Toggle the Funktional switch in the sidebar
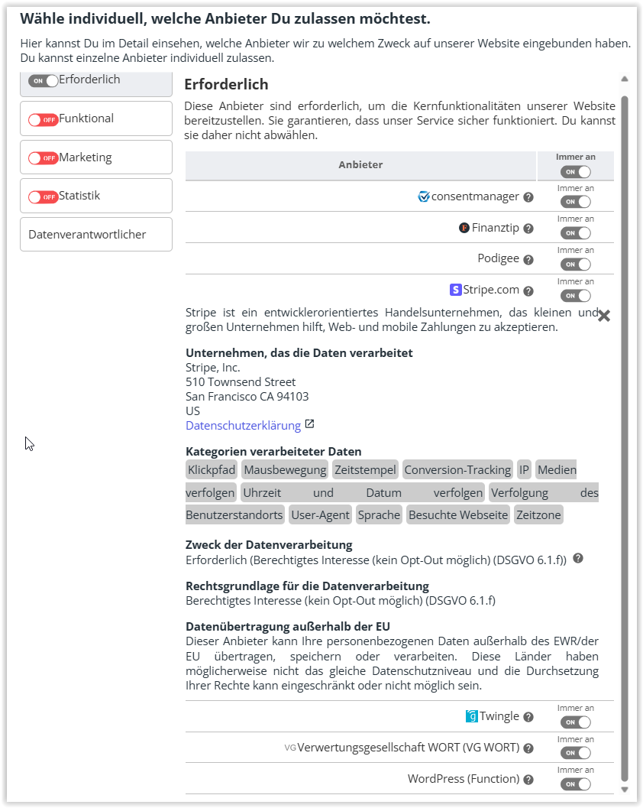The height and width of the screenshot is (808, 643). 44,119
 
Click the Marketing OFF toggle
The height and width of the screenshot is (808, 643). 44,158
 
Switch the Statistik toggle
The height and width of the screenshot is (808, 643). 44,197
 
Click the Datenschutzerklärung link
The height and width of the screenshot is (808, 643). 243,426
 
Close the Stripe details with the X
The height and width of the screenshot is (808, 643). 603,316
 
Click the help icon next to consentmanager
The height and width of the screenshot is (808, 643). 528,197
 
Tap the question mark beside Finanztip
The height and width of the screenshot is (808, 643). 528,228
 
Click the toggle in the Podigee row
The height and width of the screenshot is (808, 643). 575,264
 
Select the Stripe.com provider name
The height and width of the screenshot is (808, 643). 491,290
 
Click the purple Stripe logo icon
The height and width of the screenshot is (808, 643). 456,290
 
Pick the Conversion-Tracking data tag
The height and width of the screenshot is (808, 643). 457,469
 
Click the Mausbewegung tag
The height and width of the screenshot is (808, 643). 285,469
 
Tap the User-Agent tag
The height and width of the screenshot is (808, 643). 321,514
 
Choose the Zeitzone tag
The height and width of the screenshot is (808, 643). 538,514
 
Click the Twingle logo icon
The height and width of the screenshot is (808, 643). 471,716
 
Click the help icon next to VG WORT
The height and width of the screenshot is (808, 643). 528,748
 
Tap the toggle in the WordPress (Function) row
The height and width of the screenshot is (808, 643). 575,784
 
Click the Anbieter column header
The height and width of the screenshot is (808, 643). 360,164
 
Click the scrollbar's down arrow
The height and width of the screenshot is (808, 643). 624,790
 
